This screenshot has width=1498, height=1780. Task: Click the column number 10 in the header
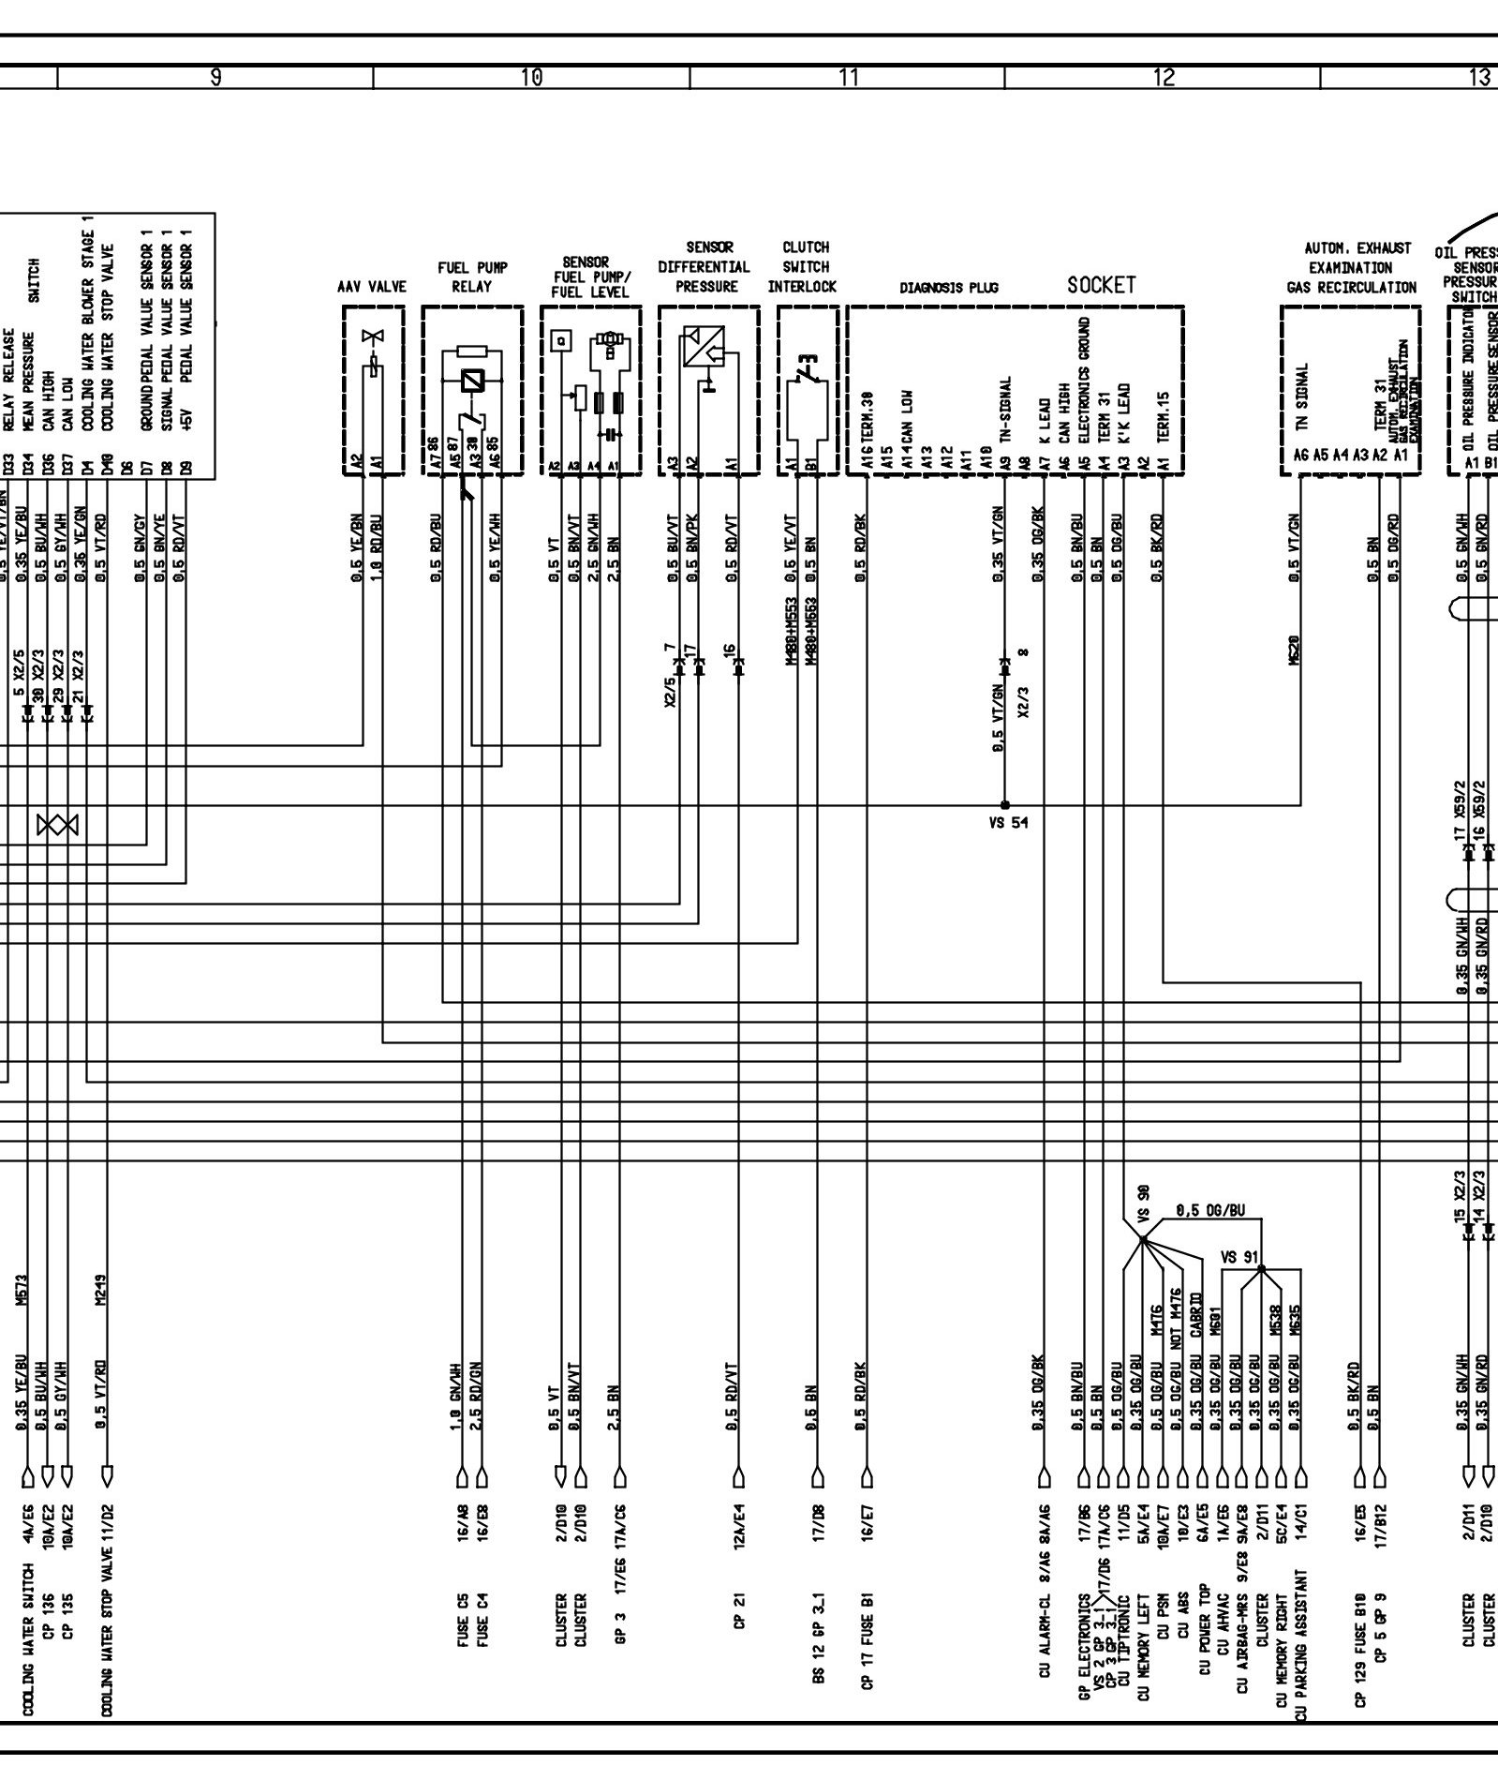click(531, 78)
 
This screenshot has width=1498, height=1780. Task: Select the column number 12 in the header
click(1163, 78)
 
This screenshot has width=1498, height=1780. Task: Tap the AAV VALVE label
click(371, 287)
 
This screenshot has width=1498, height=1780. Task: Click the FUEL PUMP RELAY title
click(471, 277)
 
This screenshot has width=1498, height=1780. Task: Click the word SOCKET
click(1101, 285)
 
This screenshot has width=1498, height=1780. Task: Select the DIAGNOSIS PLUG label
click(949, 288)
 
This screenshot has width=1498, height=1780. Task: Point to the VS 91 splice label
click(1239, 1257)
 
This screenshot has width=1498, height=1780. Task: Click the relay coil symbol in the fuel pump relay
click(472, 381)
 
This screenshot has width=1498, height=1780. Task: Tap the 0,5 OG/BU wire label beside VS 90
click(1211, 1210)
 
